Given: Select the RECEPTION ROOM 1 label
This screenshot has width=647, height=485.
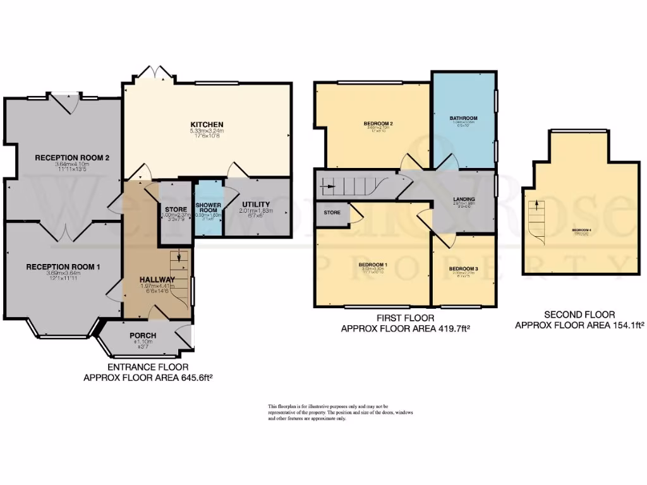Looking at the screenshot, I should (x=63, y=267).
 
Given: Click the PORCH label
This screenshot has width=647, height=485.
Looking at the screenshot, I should (x=143, y=335).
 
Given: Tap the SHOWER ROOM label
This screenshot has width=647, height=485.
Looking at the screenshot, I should (x=207, y=209).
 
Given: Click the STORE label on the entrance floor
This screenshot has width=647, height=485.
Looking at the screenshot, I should (x=175, y=210).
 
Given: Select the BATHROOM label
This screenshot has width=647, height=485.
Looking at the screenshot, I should (x=463, y=118).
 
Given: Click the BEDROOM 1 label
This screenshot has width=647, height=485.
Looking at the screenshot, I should (x=373, y=264).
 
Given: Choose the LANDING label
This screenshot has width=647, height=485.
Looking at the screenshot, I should (x=464, y=200).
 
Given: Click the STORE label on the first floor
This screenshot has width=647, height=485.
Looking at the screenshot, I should (x=332, y=213).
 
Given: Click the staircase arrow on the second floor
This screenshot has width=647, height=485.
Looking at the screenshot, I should (x=537, y=204).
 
